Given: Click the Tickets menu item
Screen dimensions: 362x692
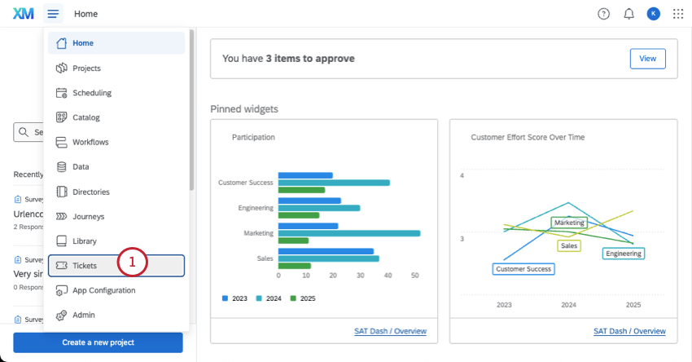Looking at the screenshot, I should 85,266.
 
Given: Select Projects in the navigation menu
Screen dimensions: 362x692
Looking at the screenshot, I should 86,68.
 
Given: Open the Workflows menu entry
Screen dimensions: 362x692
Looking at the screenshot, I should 90,142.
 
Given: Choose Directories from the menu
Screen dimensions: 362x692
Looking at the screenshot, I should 90,192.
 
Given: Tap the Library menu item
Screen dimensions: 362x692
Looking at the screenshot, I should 84,241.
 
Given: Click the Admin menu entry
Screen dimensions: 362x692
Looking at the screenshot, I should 83,315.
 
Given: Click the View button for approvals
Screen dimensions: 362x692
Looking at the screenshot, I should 647,59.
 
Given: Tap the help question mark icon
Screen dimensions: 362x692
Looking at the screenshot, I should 603,14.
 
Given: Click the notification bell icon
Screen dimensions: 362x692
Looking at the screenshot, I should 628,14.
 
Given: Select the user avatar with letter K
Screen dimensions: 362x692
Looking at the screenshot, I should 653,14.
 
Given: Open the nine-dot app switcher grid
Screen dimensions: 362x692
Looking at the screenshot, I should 678,14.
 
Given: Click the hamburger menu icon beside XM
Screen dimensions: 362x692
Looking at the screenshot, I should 53,14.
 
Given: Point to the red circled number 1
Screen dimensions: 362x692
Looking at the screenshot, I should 133,262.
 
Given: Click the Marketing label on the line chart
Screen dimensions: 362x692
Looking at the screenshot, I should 570,223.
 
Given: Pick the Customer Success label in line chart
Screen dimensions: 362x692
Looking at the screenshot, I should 524,268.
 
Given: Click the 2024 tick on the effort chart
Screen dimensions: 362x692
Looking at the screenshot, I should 568,305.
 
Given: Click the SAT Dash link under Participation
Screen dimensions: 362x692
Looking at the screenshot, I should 390,331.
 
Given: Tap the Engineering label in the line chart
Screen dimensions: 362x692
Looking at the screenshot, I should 624,254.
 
